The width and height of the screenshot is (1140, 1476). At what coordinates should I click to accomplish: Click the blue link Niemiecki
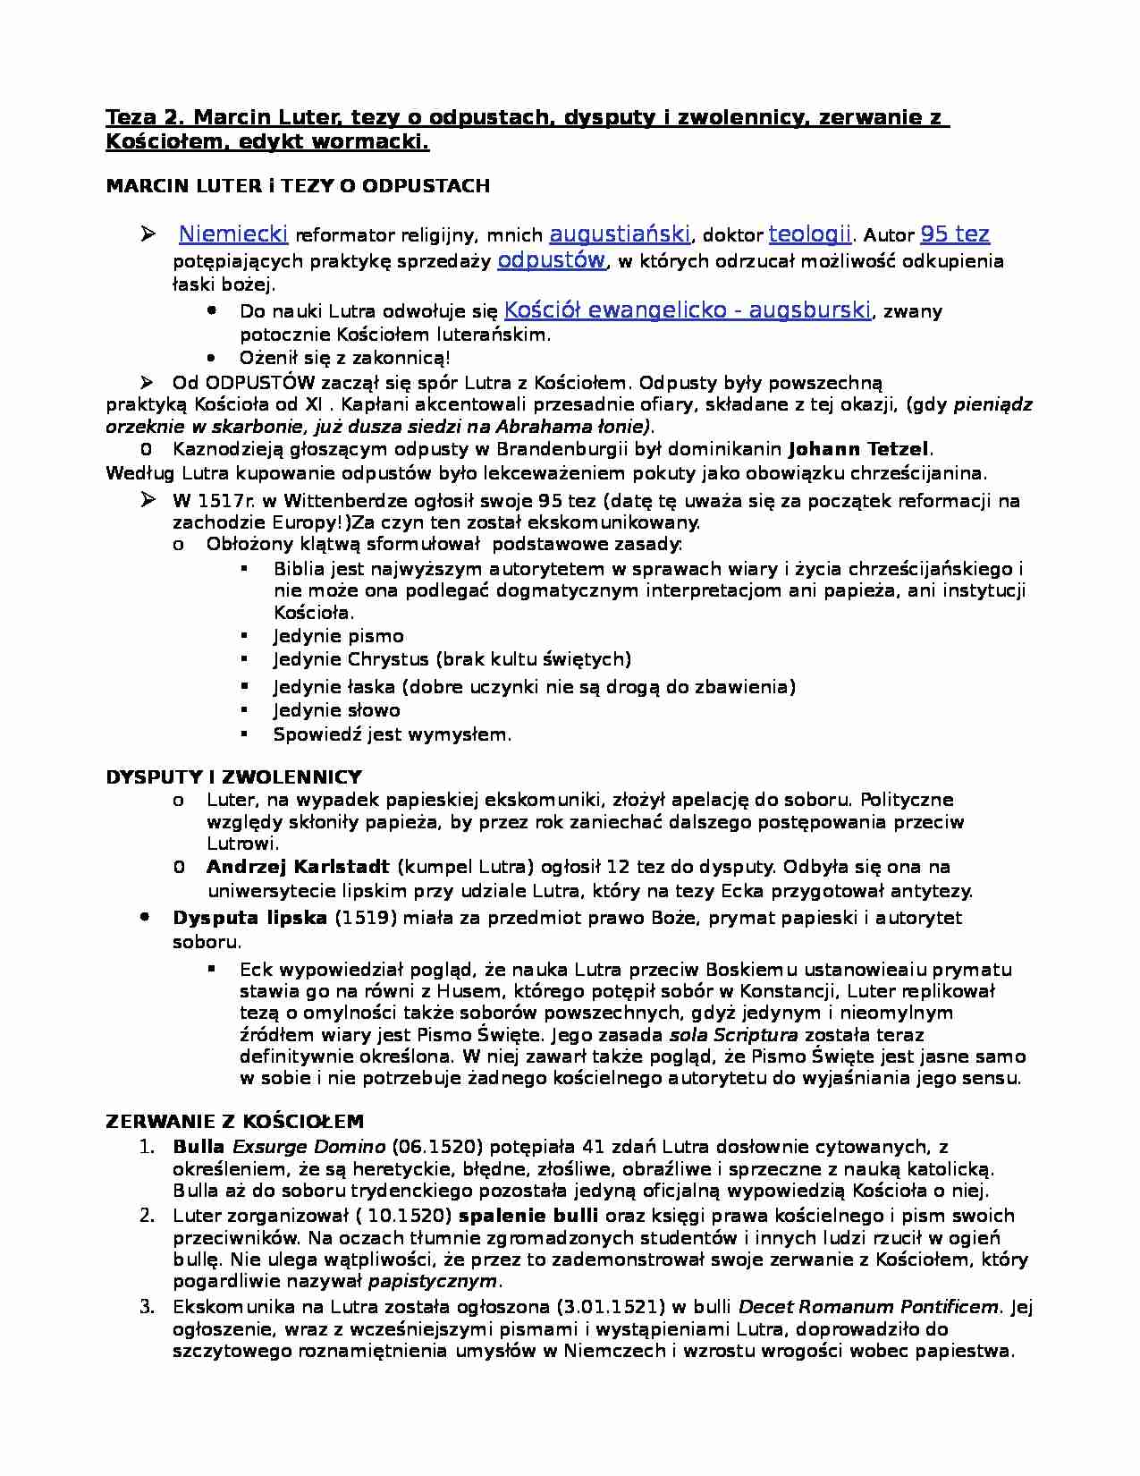(232, 234)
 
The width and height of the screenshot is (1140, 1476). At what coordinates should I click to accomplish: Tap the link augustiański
(619, 234)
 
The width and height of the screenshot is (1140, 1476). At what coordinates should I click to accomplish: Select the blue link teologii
(809, 234)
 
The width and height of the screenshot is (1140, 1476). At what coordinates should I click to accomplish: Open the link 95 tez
(954, 234)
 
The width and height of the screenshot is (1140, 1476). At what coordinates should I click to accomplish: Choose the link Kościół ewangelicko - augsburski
(687, 310)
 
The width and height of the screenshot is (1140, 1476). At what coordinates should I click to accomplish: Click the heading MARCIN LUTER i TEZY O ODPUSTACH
(298, 186)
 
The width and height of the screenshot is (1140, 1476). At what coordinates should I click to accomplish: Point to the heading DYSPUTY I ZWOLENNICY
(233, 776)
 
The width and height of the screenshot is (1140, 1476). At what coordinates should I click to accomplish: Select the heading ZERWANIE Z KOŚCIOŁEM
(234, 1122)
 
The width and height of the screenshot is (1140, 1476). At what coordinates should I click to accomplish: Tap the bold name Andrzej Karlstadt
(298, 867)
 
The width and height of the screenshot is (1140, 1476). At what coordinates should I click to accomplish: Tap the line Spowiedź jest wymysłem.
(393, 734)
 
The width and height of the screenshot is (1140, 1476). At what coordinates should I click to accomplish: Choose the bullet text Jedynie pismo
(338, 636)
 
